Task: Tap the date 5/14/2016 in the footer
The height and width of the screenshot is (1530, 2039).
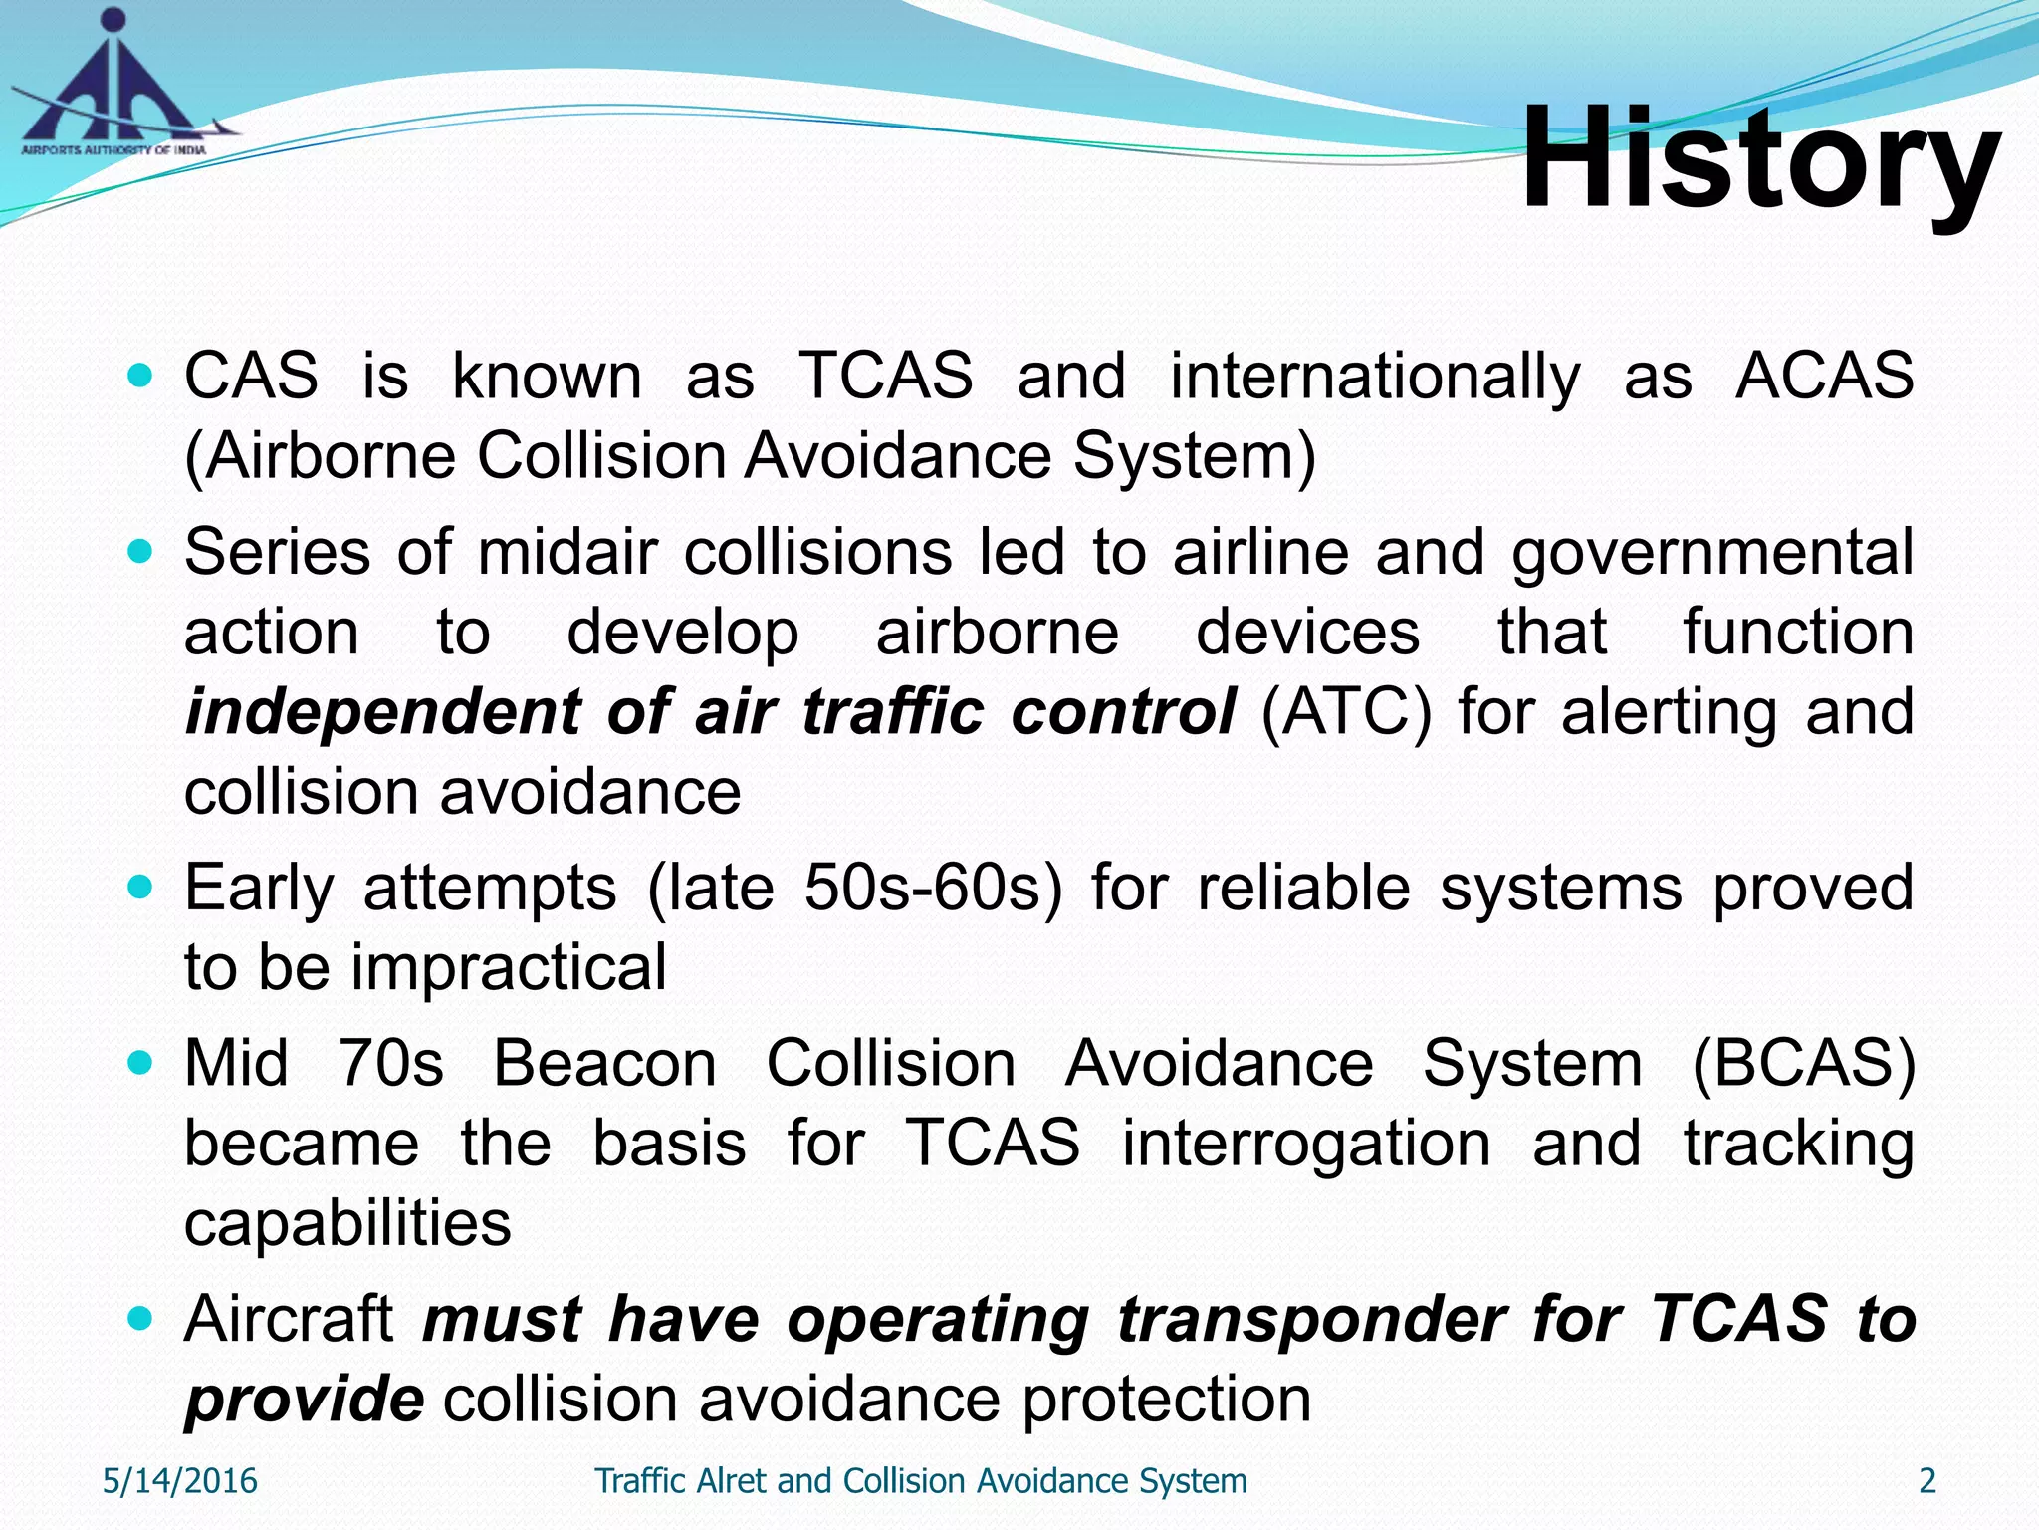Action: coord(180,1481)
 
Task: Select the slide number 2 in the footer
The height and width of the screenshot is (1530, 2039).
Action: coord(1927,1481)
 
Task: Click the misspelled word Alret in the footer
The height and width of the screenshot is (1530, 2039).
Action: coord(734,1481)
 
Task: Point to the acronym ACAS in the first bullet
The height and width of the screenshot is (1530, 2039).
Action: coord(1824,377)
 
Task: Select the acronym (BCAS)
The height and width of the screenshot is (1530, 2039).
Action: coord(1803,1064)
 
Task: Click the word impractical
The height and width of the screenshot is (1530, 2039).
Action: coord(509,968)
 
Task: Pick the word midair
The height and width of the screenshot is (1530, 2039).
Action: coord(567,553)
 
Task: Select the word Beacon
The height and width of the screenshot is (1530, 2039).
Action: coord(605,1064)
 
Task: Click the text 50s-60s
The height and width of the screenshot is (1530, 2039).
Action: coord(933,888)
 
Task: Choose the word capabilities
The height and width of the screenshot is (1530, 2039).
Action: coord(347,1225)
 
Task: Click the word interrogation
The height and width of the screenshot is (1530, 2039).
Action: coord(1306,1145)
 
